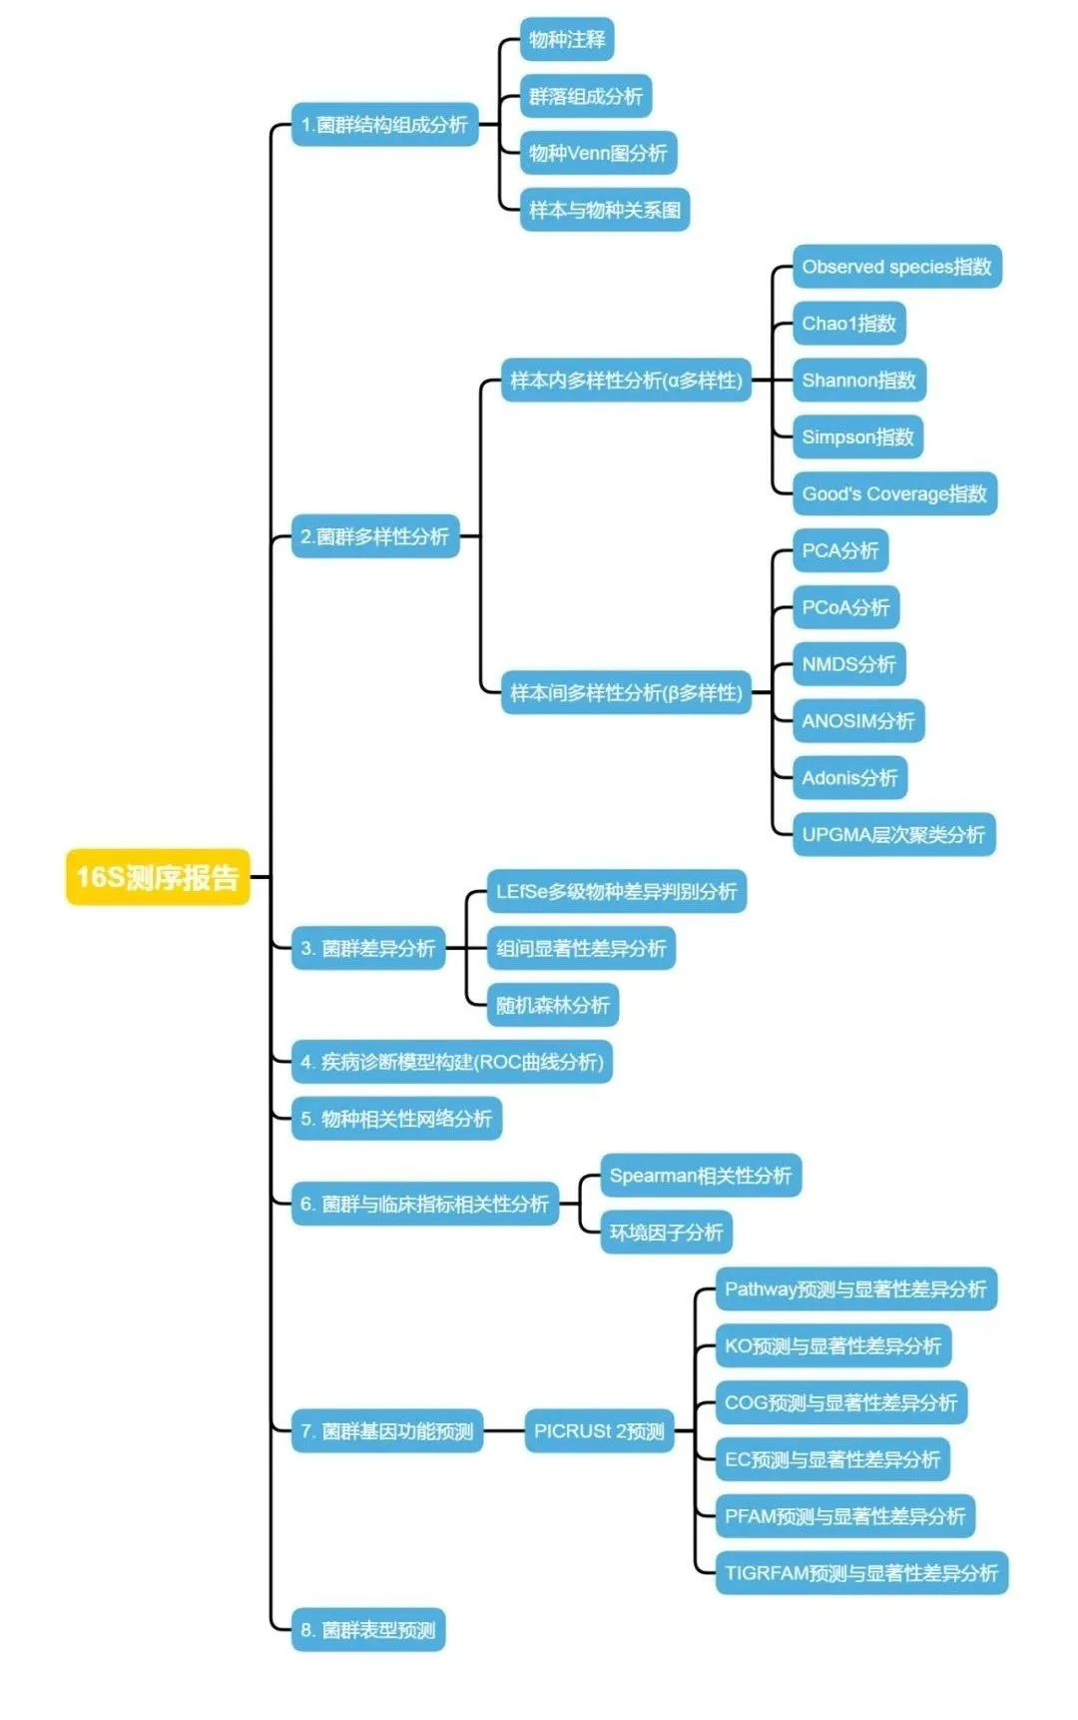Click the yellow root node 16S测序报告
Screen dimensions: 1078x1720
tap(158, 877)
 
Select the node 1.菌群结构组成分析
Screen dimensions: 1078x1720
tap(384, 125)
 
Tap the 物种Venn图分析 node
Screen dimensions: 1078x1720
tap(599, 153)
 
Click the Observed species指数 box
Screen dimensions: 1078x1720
tap(897, 267)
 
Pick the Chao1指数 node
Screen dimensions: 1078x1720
tap(849, 324)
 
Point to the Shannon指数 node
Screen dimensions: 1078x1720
tap(859, 381)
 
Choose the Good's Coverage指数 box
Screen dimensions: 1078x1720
tap(895, 493)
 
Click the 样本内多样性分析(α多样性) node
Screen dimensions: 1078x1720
tap(626, 381)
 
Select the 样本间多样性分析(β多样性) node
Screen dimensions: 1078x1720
tap(626, 692)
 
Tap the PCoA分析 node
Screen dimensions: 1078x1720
tap(846, 607)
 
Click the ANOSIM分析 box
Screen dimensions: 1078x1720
tap(858, 721)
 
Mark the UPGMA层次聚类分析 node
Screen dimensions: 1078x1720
tap(893, 834)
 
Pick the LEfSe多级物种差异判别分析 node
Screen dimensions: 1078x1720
tap(616, 891)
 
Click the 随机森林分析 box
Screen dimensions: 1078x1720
tap(553, 1005)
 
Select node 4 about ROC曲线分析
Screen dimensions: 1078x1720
tap(452, 1062)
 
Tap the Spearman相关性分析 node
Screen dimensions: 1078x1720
tap(701, 1176)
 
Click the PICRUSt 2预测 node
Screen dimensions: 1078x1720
tap(599, 1431)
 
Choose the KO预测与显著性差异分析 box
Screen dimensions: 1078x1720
tap(833, 1345)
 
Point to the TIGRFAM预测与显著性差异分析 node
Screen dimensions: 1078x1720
tap(861, 1573)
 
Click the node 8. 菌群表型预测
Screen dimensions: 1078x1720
tap(368, 1630)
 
